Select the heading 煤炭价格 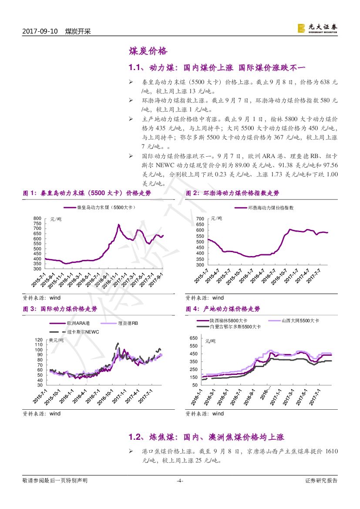point(148,51)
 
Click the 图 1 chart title point(87,193)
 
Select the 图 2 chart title point(232,193)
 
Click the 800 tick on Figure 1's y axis point(37,219)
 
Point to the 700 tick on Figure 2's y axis point(200,219)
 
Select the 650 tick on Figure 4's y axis point(194,338)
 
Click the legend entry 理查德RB point(128,324)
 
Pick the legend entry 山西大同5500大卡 point(301,320)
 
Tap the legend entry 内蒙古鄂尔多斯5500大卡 point(235,326)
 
